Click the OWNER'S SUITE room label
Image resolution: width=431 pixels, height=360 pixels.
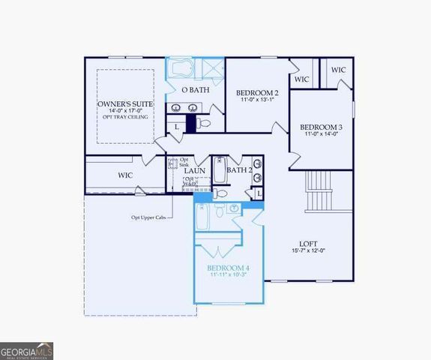(x=125, y=103)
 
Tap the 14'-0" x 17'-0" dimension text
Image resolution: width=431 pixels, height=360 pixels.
(x=125, y=110)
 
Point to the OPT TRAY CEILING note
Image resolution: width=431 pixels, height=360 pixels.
(x=125, y=117)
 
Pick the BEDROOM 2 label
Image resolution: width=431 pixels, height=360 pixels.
(x=257, y=91)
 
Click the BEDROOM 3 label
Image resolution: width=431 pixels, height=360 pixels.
(x=321, y=127)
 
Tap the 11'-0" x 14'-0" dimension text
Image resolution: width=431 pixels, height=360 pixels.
(x=321, y=134)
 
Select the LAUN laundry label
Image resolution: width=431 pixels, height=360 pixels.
(x=195, y=170)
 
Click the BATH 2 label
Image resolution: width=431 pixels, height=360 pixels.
(x=239, y=170)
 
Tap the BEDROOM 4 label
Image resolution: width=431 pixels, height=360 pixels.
(x=228, y=268)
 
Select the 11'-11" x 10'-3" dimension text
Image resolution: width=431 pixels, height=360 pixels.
(x=228, y=275)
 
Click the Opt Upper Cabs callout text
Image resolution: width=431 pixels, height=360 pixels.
(x=148, y=217)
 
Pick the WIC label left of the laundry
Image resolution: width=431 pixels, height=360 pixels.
(x=124, y=175)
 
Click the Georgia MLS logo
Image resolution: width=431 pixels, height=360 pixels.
(x=27, y=351)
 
